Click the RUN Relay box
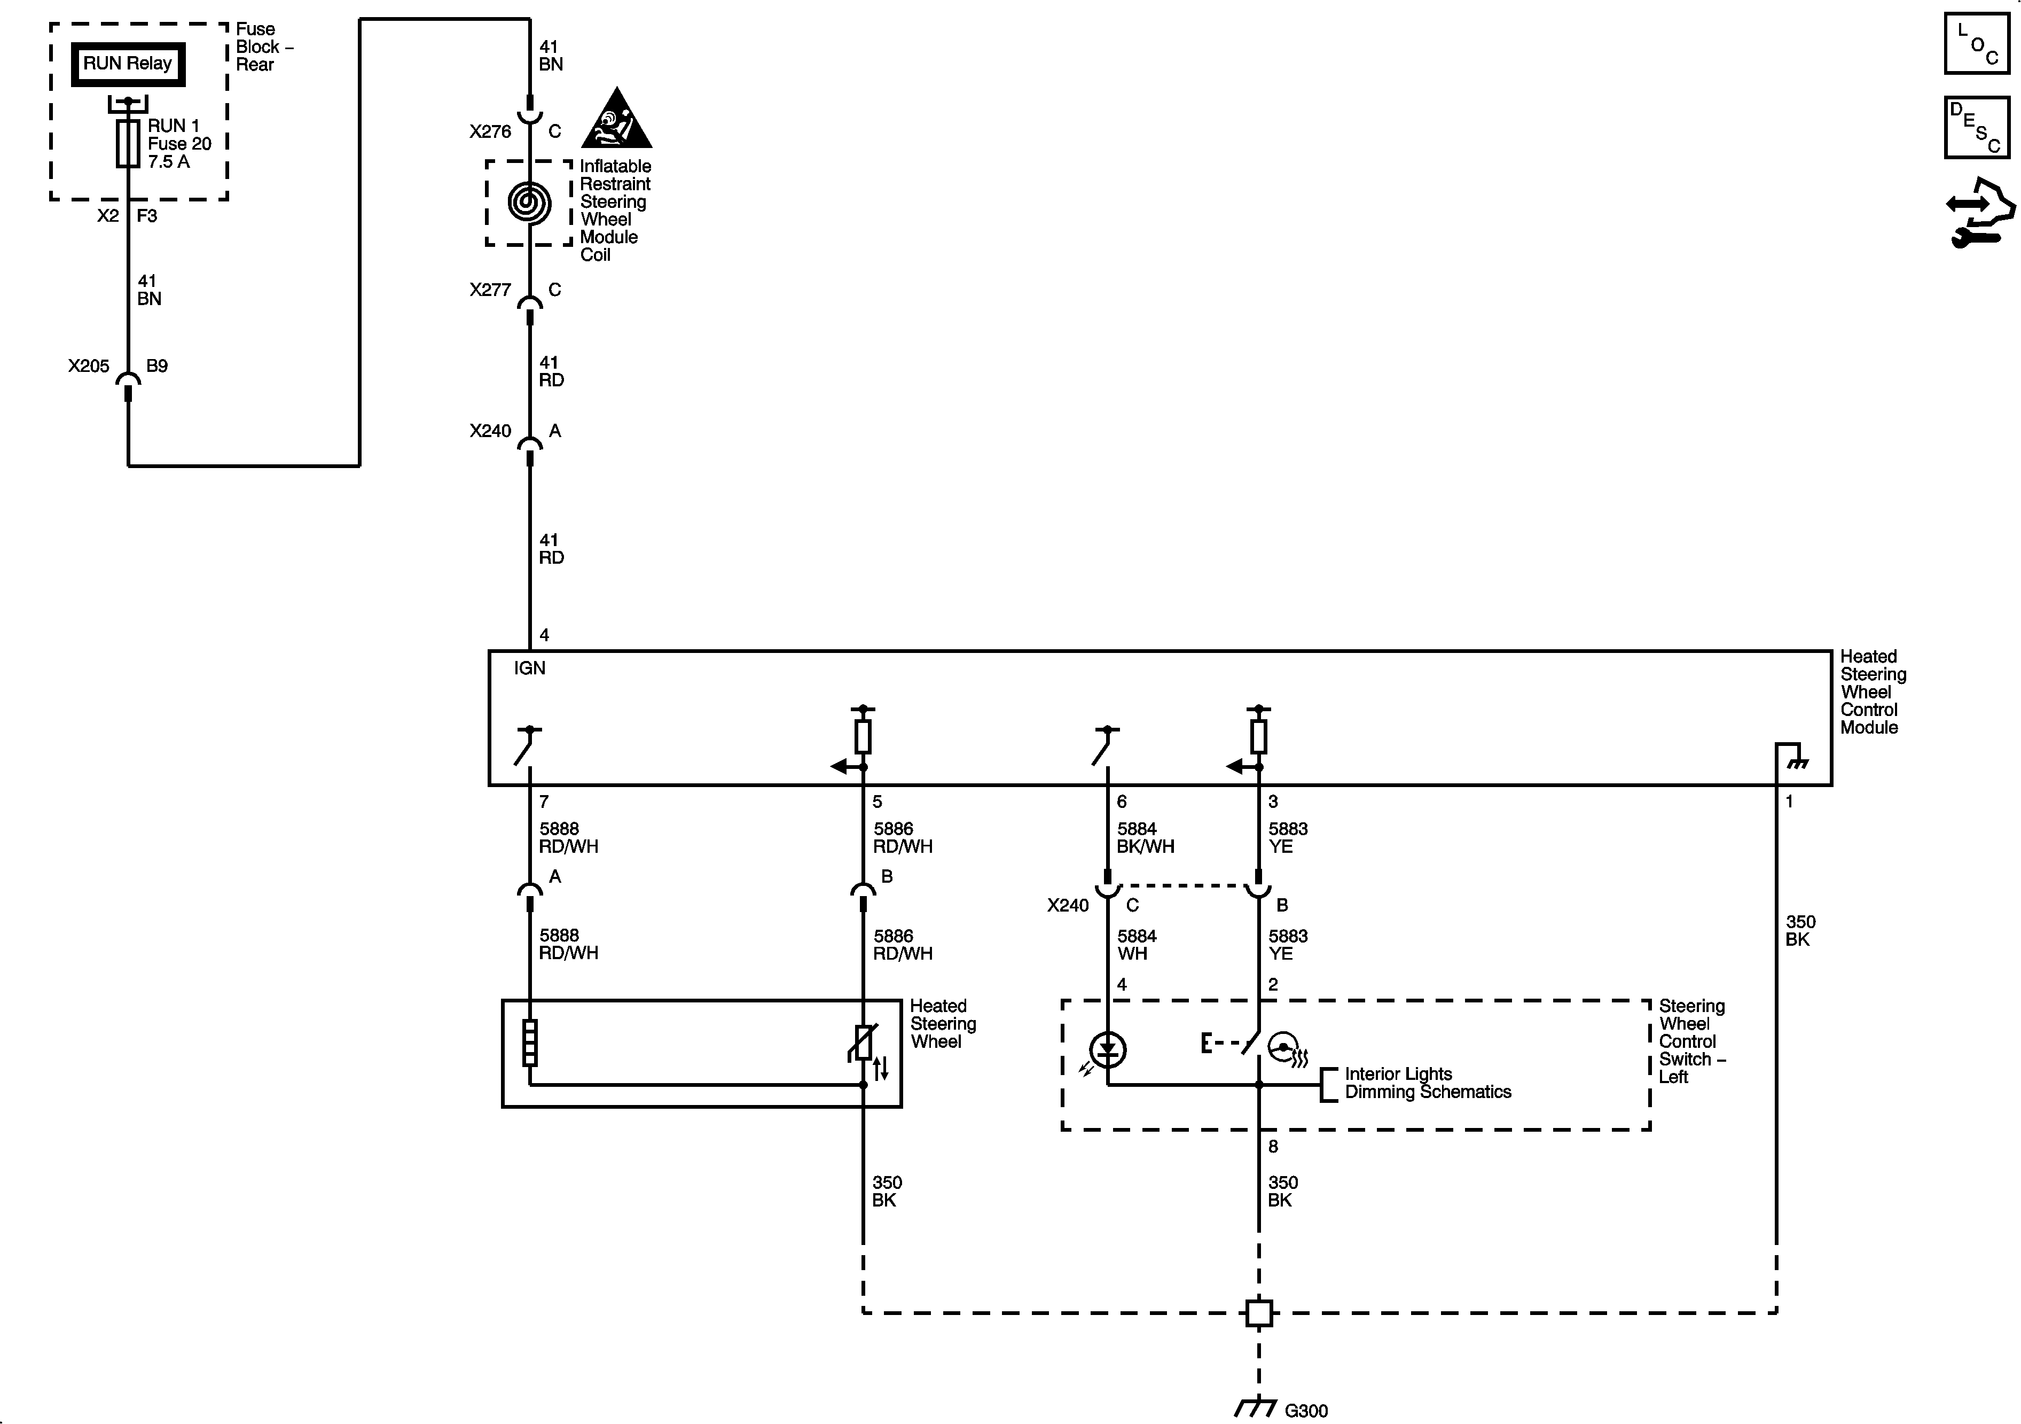128,64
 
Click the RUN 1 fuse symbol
129,144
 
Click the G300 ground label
1305,1411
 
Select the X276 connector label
489,132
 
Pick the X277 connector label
489,290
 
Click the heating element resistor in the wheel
530,1042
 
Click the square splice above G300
1259,1313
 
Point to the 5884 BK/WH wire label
1145,837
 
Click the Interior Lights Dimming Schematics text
1427,1083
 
